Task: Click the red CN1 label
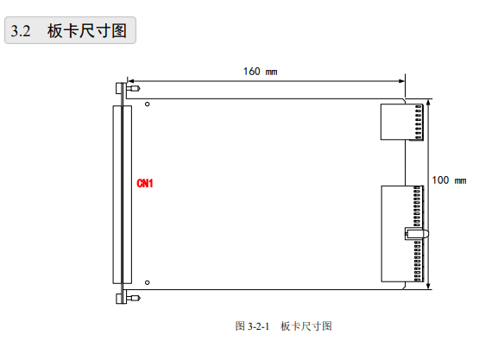click(145, 183)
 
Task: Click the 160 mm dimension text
click(260, 72)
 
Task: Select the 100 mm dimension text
click(449, 180)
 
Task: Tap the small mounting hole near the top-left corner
click(147, 104)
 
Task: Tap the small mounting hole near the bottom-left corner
click(147, 282)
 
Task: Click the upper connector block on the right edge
click(402, 122)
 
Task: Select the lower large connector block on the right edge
click(402, 234)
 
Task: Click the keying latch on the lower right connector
click(416, 234)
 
